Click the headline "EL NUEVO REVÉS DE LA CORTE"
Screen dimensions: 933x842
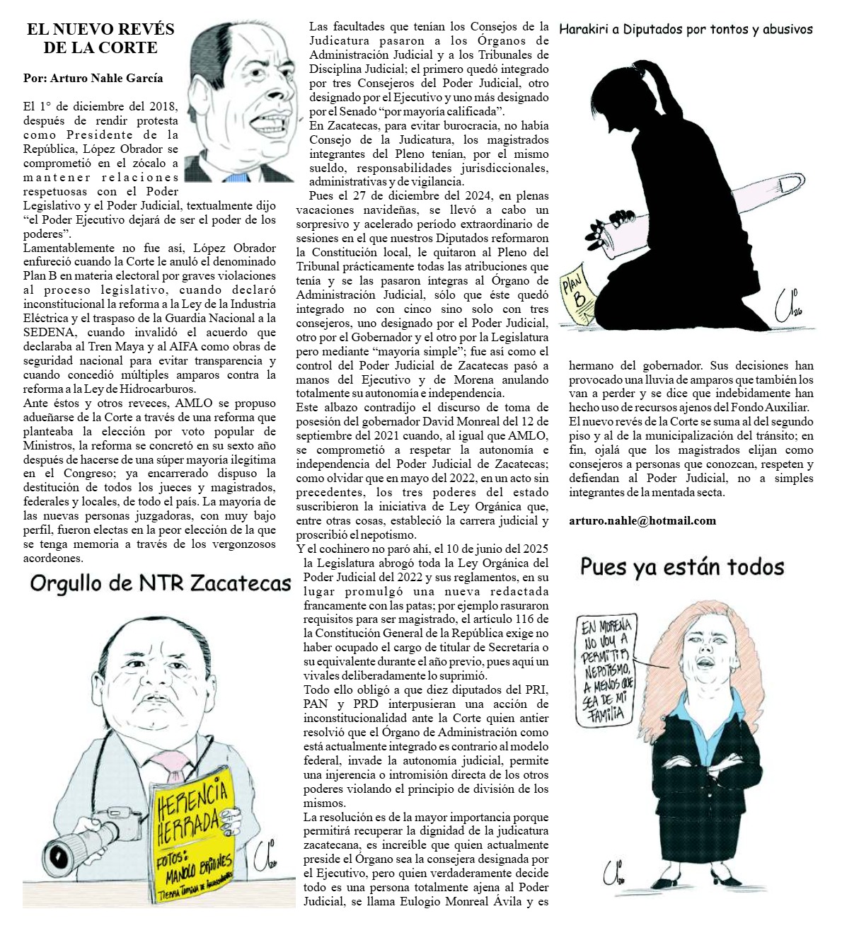(100, 39)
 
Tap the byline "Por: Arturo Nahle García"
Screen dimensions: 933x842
(93, 78)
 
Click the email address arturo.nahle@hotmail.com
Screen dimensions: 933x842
(642, 520)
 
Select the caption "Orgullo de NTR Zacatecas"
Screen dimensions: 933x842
(161, 583)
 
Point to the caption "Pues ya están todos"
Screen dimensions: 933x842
(682, 567)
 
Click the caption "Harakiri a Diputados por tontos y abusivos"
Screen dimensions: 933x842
(685, 30)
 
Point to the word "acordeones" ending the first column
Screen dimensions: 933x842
(54, 557)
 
